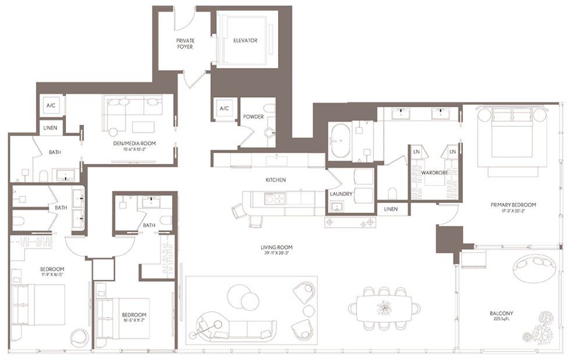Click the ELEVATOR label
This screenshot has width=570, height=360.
tap(245, 41)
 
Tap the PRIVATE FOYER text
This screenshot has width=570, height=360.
tap(185, 44)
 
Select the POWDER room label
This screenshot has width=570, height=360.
tap(254, 117)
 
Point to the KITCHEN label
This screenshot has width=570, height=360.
tap(276, 180)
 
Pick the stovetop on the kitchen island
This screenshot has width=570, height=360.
tap(275, 199)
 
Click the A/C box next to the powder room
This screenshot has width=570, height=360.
tap(224, 109)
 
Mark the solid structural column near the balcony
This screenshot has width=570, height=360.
tap(448, 238)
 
